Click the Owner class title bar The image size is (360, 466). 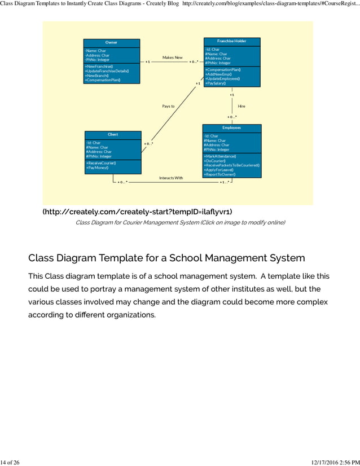pos(111,43)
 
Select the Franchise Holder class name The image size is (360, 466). pos(231,41)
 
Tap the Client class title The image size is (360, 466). pos(113,134)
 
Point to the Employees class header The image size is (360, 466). pos(231,128)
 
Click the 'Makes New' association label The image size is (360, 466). pos(172,58)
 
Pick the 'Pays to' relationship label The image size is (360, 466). pos(168,106)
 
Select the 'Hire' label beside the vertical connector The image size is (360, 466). pos(242,106)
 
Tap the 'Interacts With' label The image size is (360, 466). pos(171,178)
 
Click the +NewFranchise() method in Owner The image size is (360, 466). pos(99,67)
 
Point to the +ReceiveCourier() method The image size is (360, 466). pos(101,163)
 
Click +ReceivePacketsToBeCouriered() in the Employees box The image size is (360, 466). pos(231,165)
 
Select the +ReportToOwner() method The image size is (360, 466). pos(219,174)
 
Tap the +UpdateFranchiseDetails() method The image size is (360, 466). pos(107,71)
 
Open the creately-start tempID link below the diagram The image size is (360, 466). pos(137,212)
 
